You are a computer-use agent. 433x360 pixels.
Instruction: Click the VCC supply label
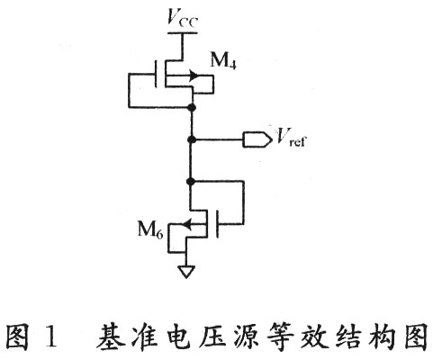pyautogui.click(x=183, y=18)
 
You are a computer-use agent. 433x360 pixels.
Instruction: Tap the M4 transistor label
pyautogui.click(x=223, y=61)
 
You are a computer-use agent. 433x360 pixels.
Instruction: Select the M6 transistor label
pyautogui.click(x=150, y=229)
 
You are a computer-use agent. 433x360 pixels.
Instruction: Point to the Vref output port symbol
pyautogui.click(x=257, y=139)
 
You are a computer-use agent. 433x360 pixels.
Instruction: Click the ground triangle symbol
pyautogui.click(x=186, y=272)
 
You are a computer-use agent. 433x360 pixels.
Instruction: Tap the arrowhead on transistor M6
pyautogui.click(x=187, y=223)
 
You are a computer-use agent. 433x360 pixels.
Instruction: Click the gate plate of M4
pyautogui.click(x=156, y=74)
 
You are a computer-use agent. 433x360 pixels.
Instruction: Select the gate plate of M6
pyautogui.click(x=218, y=224)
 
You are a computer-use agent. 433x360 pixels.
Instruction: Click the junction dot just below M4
pyautogui.click(x=191, y=107)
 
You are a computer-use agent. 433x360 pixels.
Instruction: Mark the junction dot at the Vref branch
pyautogui.click(x=191, y=139)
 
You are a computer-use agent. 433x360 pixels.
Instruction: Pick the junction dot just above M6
pyautogui.click(x=190, y=181)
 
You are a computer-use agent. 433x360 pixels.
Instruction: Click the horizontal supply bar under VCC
pyautogui.click(x=182, y=32)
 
